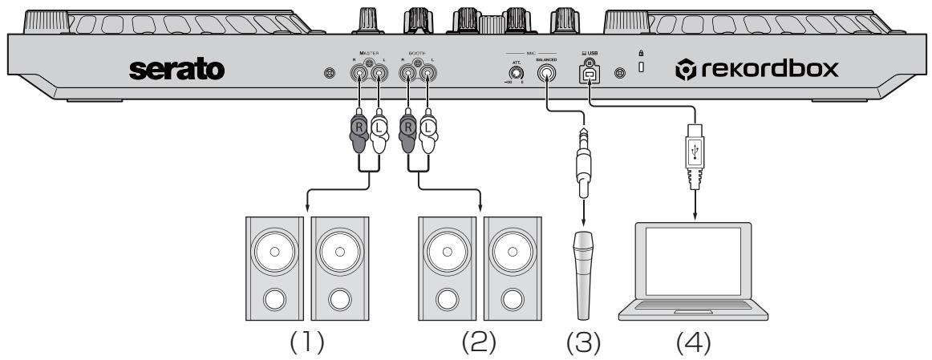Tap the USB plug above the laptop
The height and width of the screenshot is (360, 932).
(x=695, y=152)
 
